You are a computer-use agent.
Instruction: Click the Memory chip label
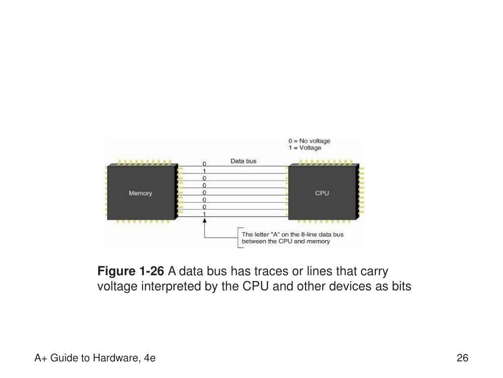click(x=140, y=193)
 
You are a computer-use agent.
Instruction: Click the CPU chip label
click(x=322, y=193)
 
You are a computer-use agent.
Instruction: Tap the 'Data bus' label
click(x=244, y=161)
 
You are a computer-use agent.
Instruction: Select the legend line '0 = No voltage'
click(x=309, y=141)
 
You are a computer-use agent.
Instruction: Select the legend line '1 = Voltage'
click(x=305, y=148)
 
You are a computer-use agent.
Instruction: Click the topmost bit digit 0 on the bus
click(x=204, y=163)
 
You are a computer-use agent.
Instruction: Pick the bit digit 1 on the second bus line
click(x=204, y=171)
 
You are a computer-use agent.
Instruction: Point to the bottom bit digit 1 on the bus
click(x=204, y=215)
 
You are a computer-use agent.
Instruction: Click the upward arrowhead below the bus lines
click(x=204, y=221)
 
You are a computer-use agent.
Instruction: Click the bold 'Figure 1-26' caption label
click(x=131, y=271)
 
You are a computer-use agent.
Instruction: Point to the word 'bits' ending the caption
click(x=402, y=286)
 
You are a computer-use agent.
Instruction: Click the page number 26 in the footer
click(x=462, y=358)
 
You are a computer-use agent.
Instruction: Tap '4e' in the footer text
click(x=150, y=358)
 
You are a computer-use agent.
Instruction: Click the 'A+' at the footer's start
click(x=39, y=358)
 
